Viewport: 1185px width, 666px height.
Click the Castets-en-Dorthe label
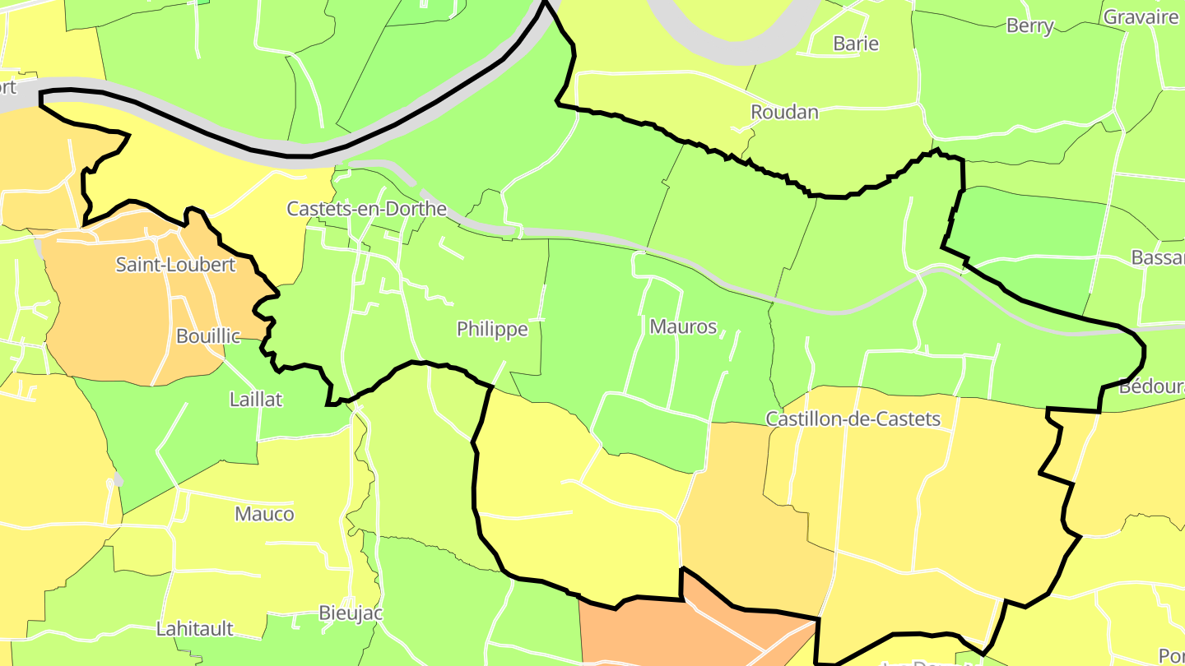click(366, 209)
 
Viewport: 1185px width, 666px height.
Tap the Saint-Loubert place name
click(175, 265)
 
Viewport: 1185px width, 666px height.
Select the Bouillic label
click(208, 335)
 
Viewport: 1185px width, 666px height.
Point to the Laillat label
click(256, 400)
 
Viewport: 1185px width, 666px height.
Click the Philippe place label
click(492, 330)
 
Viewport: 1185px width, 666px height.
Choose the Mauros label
click(683, 326)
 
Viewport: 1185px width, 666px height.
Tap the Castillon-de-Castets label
click(853, 419)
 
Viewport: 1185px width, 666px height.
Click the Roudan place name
click(784, 112)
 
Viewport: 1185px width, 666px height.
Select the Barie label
click(856, 44)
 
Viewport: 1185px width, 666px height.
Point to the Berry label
click(1029, 25)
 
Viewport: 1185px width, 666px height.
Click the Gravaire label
click(1141, 16)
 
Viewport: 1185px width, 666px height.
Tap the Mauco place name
click(264, 514)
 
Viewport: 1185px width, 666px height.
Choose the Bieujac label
click(351, 613)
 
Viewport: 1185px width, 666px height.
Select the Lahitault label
click(195, 629)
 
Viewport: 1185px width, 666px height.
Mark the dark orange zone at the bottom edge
click(658, 633)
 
